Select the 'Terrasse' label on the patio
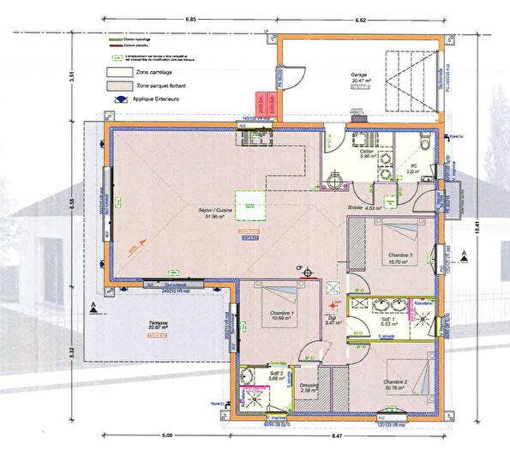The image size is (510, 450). (x=157, y=325)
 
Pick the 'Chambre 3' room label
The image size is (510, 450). (x=400, y=255)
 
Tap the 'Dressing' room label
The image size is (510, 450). (x=309, y=387)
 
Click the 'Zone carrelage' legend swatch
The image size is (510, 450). (x=120, y=72)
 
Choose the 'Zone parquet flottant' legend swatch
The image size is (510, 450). (x=120, y=87)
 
